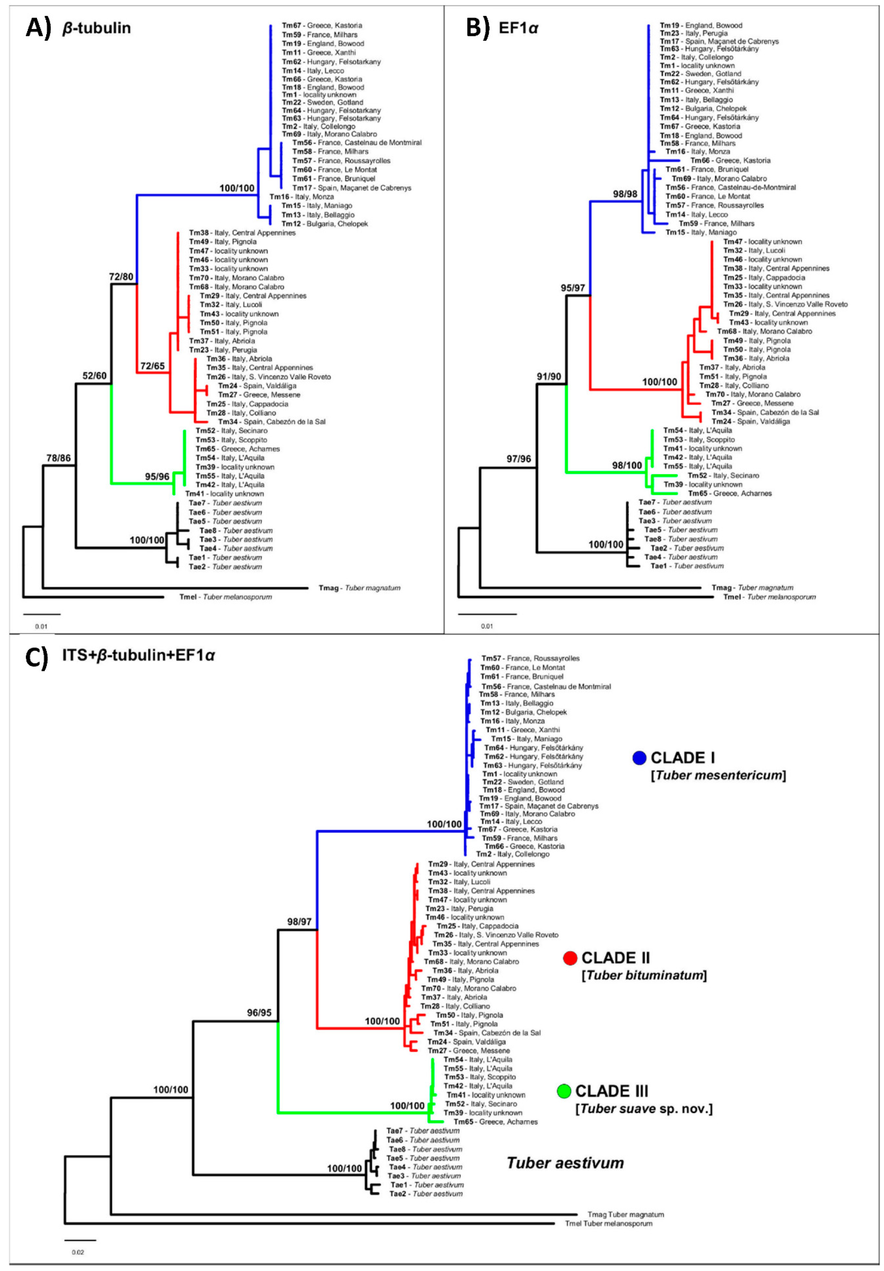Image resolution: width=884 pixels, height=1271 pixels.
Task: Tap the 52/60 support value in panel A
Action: coord(94,376)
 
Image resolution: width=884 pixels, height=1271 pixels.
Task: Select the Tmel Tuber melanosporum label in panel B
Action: coord(769,597)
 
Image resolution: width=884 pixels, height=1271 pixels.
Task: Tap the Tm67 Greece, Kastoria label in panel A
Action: coord(322,25)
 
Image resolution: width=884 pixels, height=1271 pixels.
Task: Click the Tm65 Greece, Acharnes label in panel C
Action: coord(495,1122)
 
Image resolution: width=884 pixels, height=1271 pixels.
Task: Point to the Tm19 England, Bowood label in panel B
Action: coord(701,25)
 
